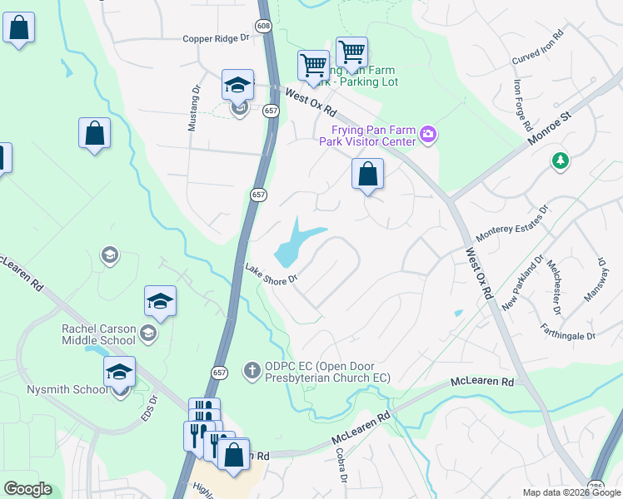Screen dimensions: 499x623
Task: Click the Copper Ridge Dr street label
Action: coord(216,38)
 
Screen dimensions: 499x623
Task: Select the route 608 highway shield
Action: coord(264,27)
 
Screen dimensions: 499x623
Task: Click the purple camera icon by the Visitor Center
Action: coord(429,134)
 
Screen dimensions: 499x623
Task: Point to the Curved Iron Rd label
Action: coord(538,47)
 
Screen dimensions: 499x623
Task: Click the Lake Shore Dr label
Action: coord(272,274)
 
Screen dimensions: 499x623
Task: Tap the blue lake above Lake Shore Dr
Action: coord(296,242)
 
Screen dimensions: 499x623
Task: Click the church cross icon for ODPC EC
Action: coord(252,368)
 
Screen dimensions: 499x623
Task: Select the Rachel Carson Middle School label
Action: coord(98,334)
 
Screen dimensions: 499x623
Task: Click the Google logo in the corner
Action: coord(27,489)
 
